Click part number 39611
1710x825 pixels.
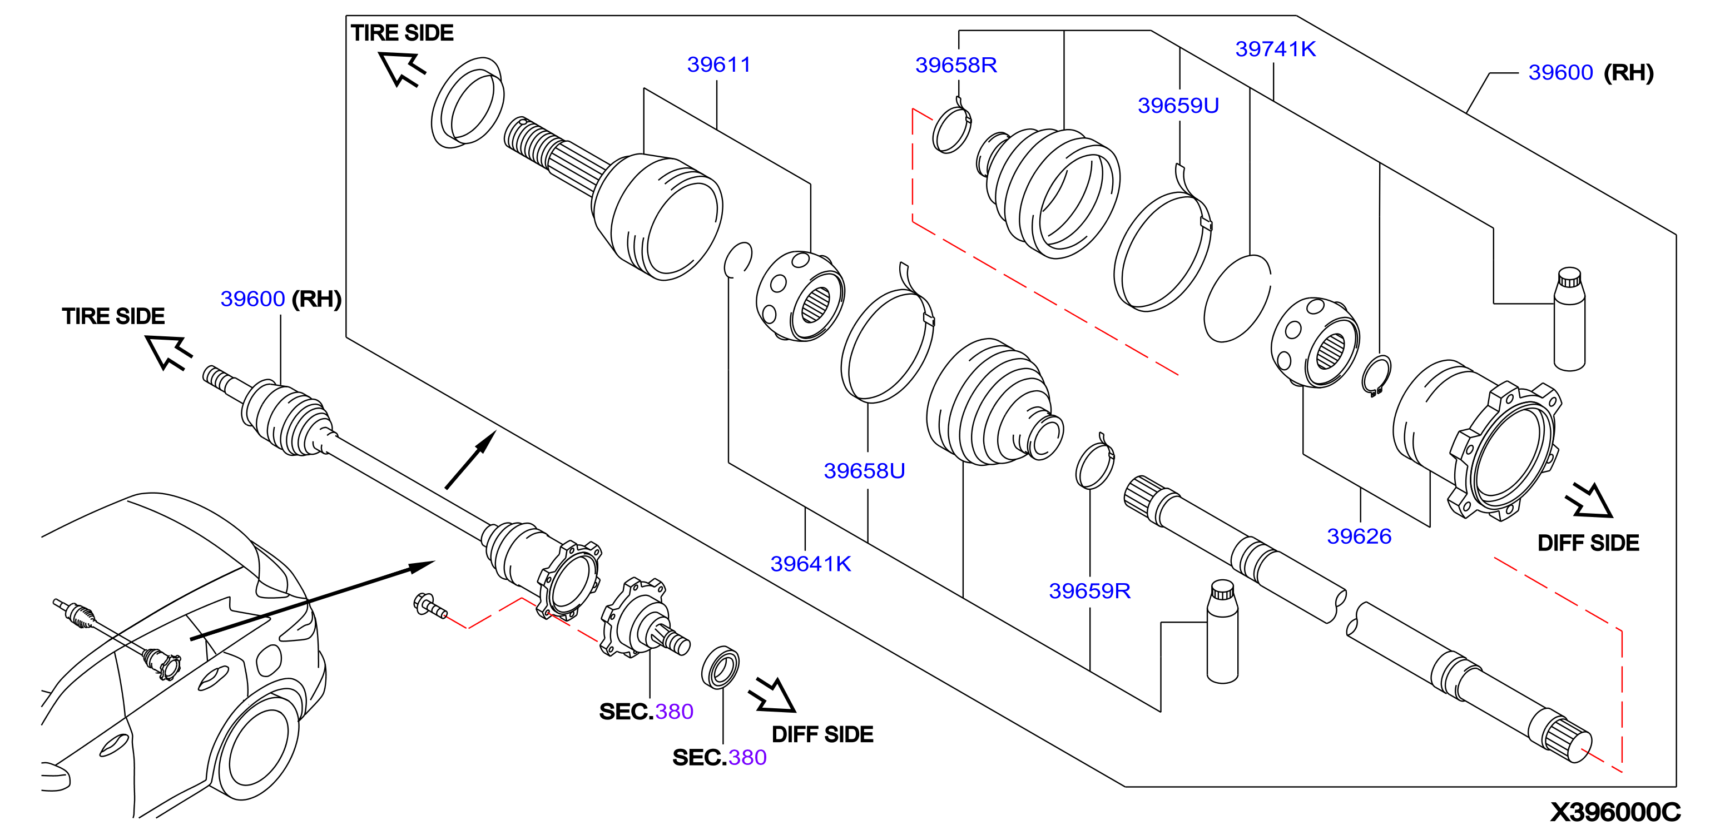tap(718, 64)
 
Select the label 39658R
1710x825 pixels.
tap(955, 65)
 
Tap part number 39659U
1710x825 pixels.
tap(1178, 106)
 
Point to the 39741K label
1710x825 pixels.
tap(1275, 49)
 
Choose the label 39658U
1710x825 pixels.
tap(864, 470)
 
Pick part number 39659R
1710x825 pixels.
tap(1089, 591)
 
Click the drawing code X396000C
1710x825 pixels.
tap(1614, 811)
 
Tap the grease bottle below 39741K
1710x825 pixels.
tap(1569, 319)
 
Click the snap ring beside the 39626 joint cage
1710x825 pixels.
tap(1376, 376)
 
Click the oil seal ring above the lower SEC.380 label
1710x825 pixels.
tap(720, 667)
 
